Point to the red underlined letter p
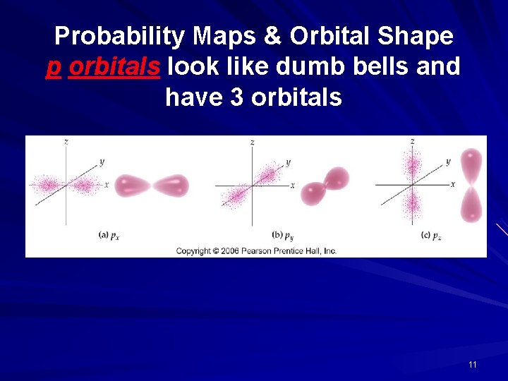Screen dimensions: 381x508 click(x=54, y=68)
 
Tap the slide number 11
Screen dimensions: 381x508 click(x=472, y=365)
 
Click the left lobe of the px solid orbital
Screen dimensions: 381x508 click(x=132, y=186)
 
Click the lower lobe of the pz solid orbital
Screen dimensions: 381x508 click(x=472, y=205)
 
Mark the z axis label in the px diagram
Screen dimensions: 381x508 click(x=66, y=142)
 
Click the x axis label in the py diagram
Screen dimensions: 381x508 click(x=292, y=186)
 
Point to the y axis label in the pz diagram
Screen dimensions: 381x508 click(x=448, y=162)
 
